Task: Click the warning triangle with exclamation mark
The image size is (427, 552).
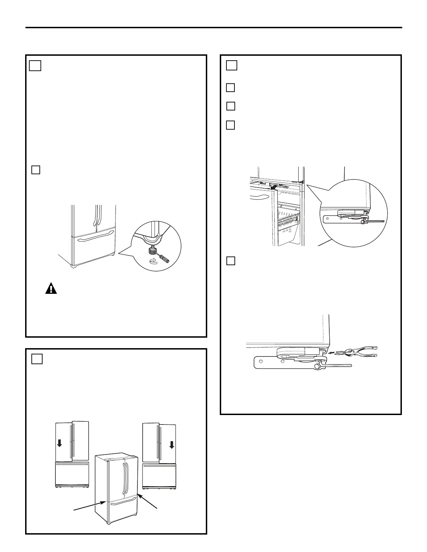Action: tap(51, 289)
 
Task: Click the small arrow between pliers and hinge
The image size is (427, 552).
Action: tap(332, 352)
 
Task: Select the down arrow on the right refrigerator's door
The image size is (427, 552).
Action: tap(172, 445)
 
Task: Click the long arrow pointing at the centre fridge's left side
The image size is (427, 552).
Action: tap(89, 506)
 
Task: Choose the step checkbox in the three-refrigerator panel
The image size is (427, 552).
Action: tap(37, 359)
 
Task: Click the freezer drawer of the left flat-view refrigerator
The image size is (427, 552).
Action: tap(72, 474)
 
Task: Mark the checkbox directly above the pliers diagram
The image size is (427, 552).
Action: tap(231, 261)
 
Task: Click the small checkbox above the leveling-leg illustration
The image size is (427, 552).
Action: tap(36, 170)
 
